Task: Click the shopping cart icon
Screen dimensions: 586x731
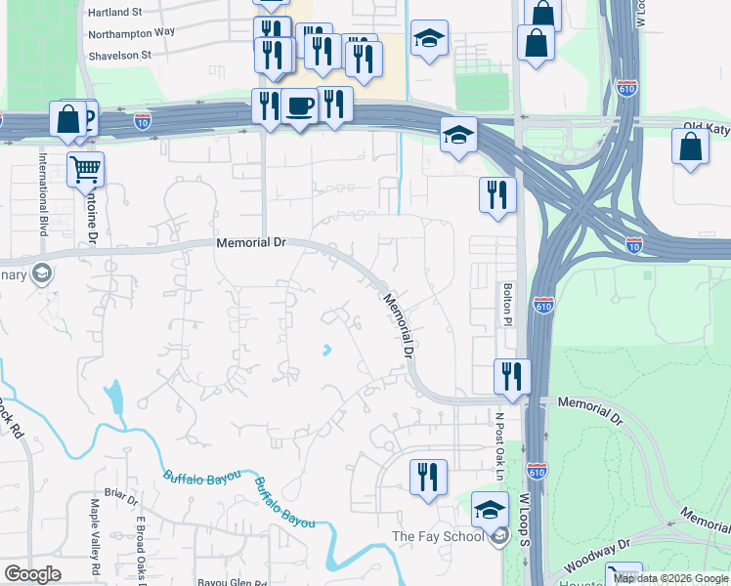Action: pyautogui.click(x=86, y=169)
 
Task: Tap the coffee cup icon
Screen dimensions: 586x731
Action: pyautogui.click(x=300, y=105)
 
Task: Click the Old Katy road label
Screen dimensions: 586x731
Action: pyautogui.click(x=707, y=127)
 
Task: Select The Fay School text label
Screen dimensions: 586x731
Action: pyautogui.click(x=438, y=536)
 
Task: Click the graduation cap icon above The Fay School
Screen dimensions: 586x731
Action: pyautogui.click(x=490, y=509)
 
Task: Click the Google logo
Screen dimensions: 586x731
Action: pyautogui.click(x=32, y=574)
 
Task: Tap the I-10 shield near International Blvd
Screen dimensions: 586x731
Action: pyautogui.click(x=143, y=121)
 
